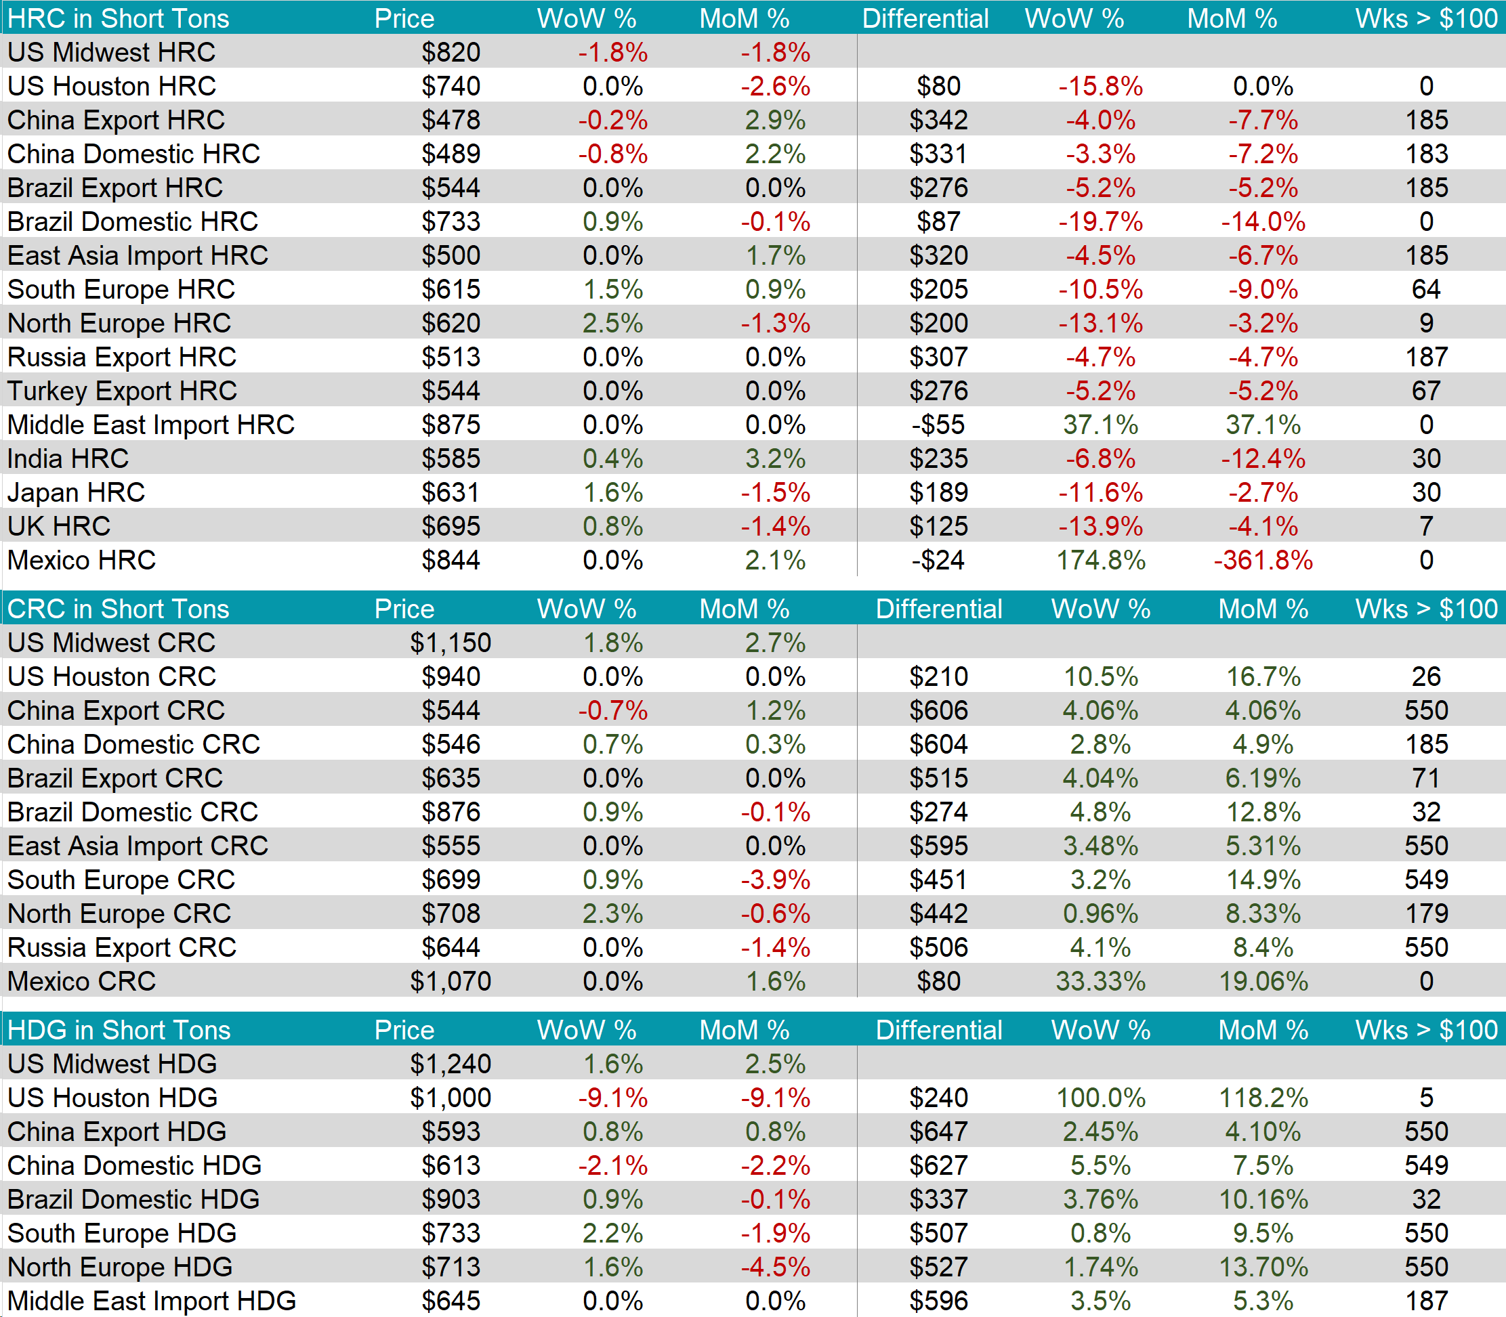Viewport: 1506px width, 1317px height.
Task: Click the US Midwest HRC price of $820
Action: click(x=451, y=52)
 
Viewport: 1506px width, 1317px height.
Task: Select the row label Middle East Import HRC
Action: click(x=151, y=425)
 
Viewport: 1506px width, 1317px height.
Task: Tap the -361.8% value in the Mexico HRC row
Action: click(x=1263, y=561)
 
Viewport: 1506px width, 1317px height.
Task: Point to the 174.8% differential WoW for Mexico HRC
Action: click(x=1100, y=561)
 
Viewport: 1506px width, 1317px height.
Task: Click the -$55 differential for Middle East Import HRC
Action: click(x=938, y=425)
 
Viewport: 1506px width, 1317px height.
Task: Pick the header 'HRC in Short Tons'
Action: click(x=119, y=18)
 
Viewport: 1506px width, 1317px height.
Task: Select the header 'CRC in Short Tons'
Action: click(x=119, y=609)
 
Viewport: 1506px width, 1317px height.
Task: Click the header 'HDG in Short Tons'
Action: click(x=119, y=1030)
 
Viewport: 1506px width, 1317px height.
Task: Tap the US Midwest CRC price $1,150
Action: click(x=450, y=643)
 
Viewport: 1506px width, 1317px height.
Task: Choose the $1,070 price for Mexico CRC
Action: click(x=450, y=981)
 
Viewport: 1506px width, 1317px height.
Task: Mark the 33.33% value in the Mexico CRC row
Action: click(x=1100, y=981)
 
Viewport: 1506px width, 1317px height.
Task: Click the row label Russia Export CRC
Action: click(x=122, y=947)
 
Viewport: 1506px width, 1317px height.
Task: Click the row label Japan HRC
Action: click(x=77, y=492)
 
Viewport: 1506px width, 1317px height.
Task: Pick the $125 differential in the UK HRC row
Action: click(x=938, y=526)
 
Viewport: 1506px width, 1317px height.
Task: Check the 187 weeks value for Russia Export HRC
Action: click(x=1426, y=357)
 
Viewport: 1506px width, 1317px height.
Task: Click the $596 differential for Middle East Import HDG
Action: click(x=938, y=1301)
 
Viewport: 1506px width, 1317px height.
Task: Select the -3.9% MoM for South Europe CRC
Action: click(x=775, y=880)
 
